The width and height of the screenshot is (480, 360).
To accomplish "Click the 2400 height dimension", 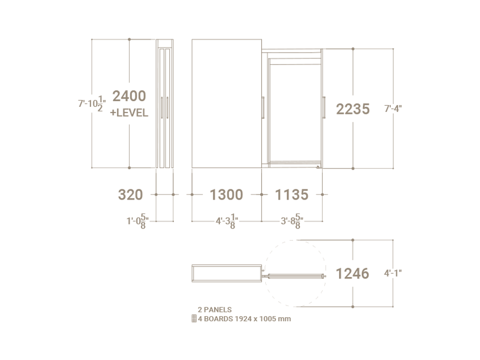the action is click(x=129, y=96).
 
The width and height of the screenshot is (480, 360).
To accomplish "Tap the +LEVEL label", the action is click(x=129, y=112).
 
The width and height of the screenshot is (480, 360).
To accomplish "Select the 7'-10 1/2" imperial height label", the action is click(x=92, y=104).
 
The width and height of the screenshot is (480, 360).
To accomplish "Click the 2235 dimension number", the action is click(x=353, y=109).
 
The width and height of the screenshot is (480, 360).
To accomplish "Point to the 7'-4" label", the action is click(x=393, y=109).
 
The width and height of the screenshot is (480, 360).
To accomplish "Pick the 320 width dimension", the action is click(x=131, y=194).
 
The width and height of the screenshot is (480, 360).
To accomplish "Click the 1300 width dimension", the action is click(x=226, y=194).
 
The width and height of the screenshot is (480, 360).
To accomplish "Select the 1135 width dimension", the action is click(x=292, y=194).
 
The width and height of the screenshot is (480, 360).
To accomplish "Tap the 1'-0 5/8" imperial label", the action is click(x=138, y=221).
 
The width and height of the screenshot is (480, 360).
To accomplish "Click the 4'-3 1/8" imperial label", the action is click(x=227, y=221).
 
